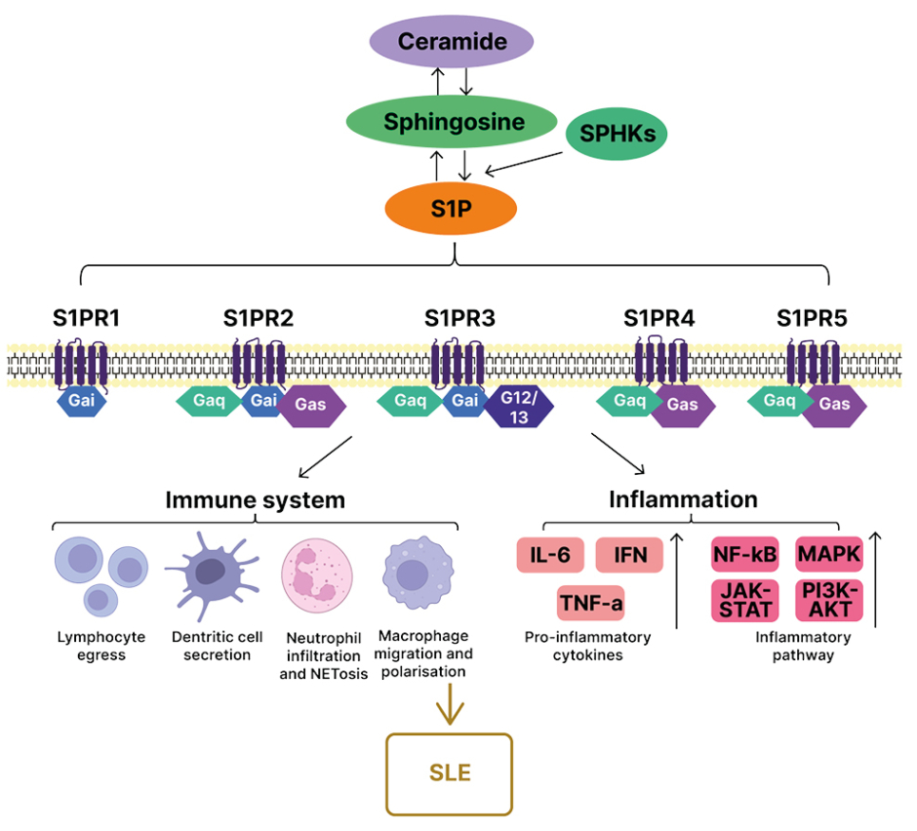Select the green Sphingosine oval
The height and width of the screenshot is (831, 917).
454,123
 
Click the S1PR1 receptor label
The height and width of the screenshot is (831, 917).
87,318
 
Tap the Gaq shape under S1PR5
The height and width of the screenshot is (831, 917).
780,401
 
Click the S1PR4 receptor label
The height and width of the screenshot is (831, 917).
658,318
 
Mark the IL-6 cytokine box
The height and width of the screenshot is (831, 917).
550,556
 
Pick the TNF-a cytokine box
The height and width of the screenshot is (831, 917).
590,604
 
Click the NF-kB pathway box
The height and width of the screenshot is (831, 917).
745,555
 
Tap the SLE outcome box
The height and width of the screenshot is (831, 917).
449,773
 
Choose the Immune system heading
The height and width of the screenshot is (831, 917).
255,500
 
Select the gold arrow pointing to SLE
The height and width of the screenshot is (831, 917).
449,704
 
